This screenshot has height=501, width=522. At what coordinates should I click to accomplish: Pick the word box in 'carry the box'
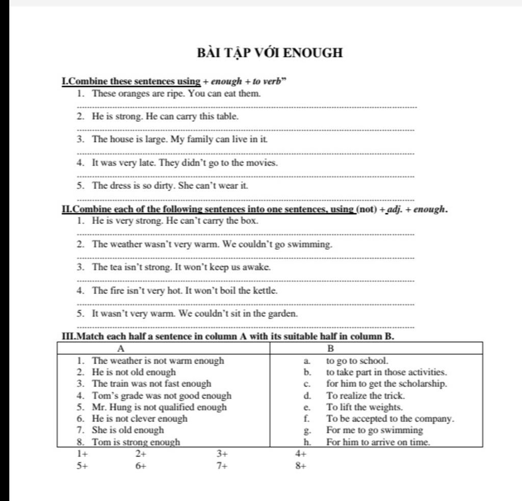point(250,221)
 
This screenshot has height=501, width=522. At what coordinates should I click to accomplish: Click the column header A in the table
point(121,349)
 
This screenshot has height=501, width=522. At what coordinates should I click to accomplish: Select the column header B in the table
point(330,349)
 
